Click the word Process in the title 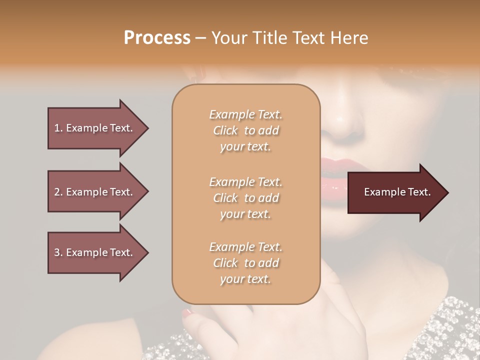(x=157, y=38)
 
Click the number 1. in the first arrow (x=58, y=128)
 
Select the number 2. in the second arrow (x=58, y=192)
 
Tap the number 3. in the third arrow (x=58, y=252)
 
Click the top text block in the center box (x=245, y=130)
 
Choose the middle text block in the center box (x=245, y=198)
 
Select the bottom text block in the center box (x=245, y=263)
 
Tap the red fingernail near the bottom (x=186, y=313)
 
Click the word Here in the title (x=350, y=38)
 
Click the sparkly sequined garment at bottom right (x=450, y=325)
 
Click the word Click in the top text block (x=225, y=130)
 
